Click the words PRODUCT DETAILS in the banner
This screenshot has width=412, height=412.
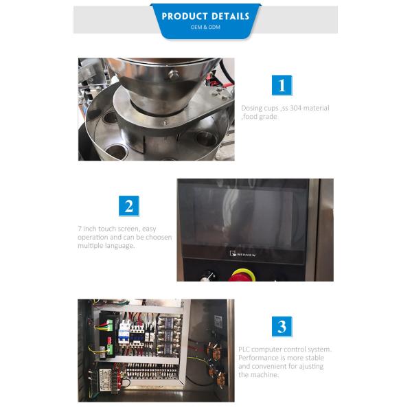pos(206,16)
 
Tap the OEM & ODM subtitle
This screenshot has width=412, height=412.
pos(205,27)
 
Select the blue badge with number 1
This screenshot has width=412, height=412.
pos(282,86)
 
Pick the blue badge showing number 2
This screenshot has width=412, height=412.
pos(128,206)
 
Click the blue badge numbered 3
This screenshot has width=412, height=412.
pos(282,326)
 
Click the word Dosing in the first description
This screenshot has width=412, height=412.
pos(251,108)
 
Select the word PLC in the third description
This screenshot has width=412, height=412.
pos(244,350)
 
